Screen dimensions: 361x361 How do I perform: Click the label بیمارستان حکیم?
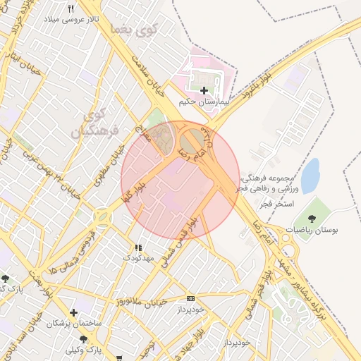point(204,102)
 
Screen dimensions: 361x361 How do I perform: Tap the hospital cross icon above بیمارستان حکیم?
point(204,90)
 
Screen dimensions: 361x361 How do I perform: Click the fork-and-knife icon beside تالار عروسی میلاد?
point(71,8)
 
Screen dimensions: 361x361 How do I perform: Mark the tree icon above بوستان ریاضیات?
point(313,214)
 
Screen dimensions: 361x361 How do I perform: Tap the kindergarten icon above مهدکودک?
point(137,247)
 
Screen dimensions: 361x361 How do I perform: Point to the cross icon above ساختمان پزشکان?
point(73,312)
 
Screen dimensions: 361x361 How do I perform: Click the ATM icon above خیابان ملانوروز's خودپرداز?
point(190,298)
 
